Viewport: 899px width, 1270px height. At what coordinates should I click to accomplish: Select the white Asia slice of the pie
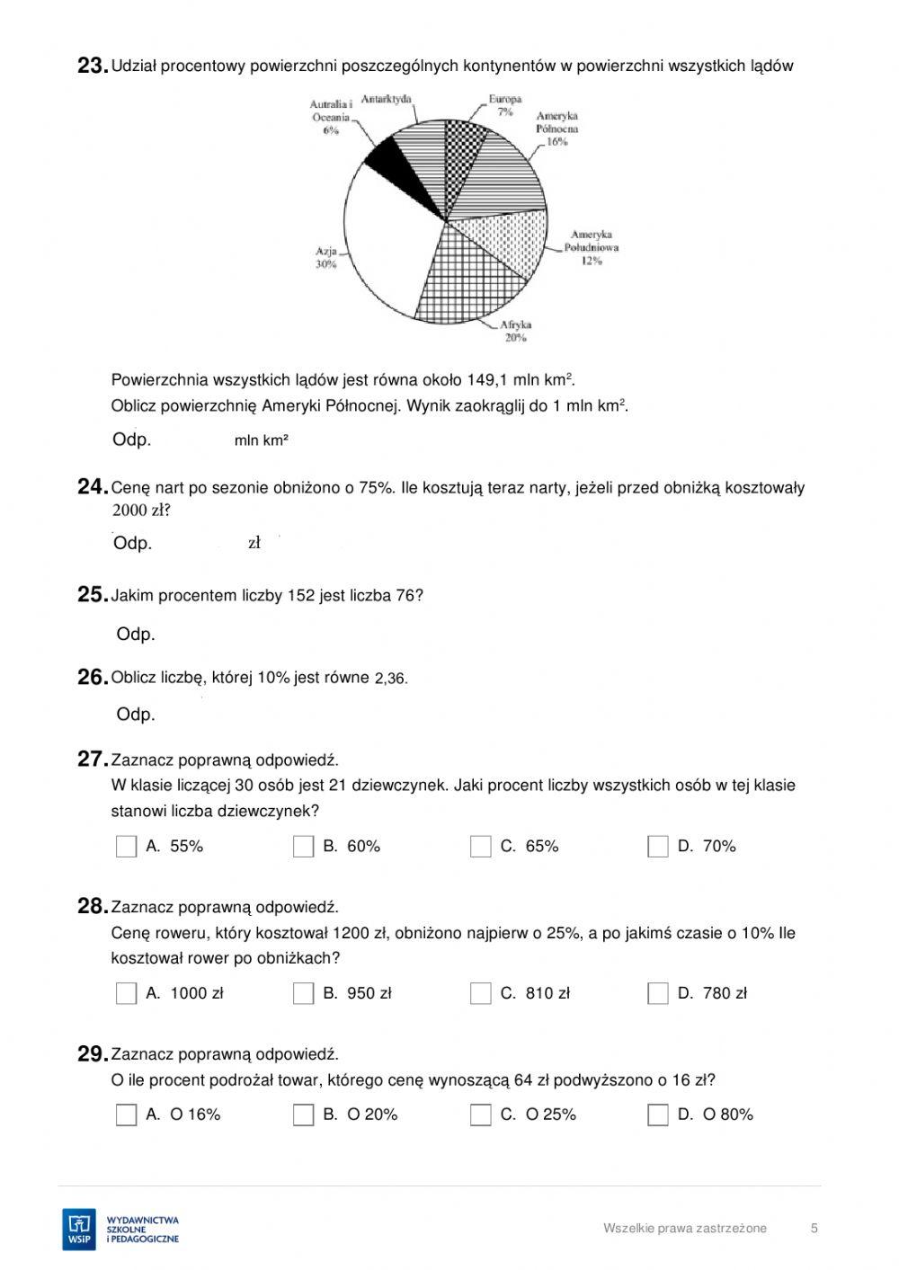click(387, 238)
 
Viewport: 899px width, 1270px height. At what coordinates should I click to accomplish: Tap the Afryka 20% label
click(515, 331)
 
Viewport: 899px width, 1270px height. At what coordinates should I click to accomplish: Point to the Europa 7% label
click(505, 105)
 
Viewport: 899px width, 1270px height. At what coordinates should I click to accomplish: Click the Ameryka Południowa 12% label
click(591, 247)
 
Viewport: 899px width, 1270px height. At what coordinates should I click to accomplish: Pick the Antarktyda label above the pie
click(387, 99)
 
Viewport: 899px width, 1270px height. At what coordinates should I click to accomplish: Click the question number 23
click(93, 66)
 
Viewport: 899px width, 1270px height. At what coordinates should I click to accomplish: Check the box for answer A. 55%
click(127, 847)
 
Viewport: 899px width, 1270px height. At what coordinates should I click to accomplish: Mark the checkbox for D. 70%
click(658, 847)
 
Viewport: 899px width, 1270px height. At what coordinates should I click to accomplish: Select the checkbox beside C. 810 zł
click(481, 993)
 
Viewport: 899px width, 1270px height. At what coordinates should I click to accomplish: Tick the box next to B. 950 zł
click(304, 993)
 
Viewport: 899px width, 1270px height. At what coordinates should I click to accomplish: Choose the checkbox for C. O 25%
click(481, 1115)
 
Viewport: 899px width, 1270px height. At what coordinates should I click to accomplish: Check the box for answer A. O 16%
click(127, 1115)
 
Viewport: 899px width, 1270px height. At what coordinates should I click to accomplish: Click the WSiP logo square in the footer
click(79, 1229)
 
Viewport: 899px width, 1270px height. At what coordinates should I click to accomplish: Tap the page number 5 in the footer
click(814, 1229)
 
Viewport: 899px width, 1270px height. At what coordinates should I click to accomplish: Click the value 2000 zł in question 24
click(140, 511)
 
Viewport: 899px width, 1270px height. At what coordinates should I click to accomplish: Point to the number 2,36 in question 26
click(390, 679)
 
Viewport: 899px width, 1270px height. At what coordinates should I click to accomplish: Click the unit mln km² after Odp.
click(261, 440)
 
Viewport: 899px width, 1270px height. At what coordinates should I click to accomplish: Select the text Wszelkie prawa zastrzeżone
click(685, 1229)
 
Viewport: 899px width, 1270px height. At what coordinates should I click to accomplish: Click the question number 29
click(93, 1054)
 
